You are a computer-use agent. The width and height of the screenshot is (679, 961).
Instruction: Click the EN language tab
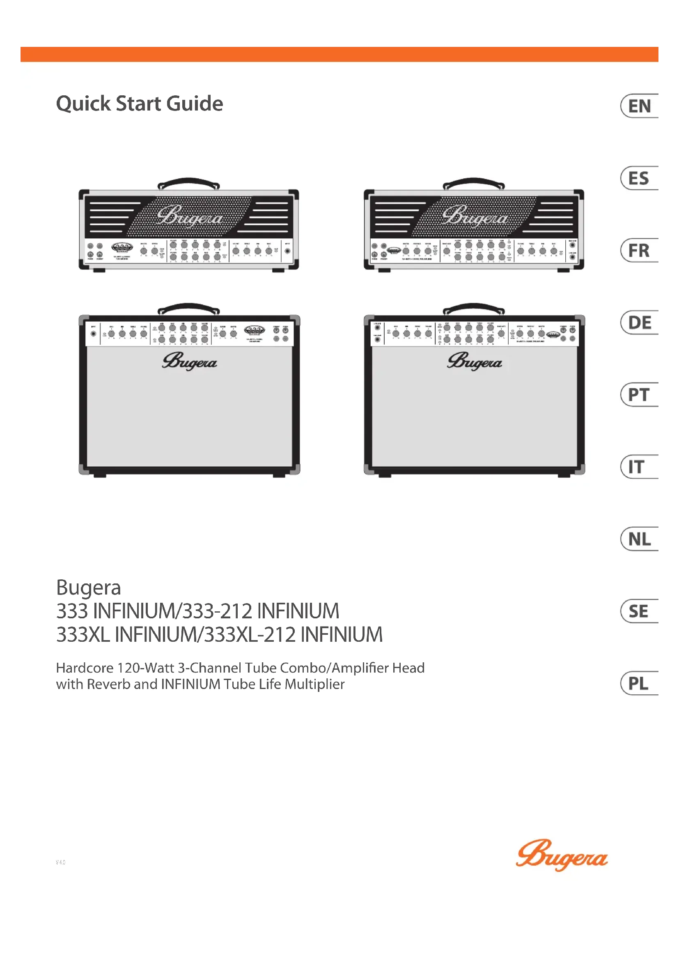(x=639, y=106)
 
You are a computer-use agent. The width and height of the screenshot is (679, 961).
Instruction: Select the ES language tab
(x=638, y=178)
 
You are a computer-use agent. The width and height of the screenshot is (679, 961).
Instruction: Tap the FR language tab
(x=638, y=250)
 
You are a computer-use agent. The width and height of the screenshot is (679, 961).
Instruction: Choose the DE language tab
(x=639, y=323)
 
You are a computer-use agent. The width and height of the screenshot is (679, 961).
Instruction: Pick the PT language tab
(x=638, y=395)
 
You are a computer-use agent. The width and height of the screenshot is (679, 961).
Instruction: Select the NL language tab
(x=639, y=539)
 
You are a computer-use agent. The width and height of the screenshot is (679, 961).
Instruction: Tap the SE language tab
(x=638, y=611)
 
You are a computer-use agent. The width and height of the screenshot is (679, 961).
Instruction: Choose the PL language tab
(x=638, y=684)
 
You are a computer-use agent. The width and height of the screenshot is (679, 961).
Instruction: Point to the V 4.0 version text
(x=61, y=862)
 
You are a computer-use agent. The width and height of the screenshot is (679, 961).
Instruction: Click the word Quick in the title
(x=84, y=104)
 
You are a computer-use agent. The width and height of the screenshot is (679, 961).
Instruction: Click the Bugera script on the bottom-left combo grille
(x=189, y=362)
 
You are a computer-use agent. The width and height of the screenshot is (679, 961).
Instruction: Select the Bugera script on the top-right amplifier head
(x=475, y=217)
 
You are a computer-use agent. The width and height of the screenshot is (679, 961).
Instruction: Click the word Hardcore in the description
(x=85, y=668)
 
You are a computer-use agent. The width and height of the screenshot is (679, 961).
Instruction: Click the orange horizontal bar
(x=339, y=54)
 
